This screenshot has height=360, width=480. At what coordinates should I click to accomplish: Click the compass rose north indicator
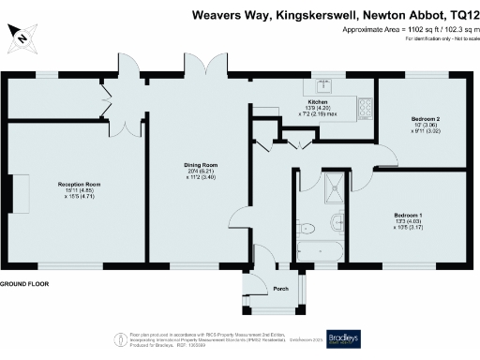21,37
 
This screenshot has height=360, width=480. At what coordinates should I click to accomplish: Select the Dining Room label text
199,169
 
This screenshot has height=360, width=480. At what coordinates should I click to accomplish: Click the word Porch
279,289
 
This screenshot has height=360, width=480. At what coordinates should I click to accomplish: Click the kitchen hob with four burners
363,108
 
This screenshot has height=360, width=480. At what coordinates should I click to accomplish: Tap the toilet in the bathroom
336,224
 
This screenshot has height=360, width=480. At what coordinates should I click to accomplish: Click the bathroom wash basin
302,226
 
